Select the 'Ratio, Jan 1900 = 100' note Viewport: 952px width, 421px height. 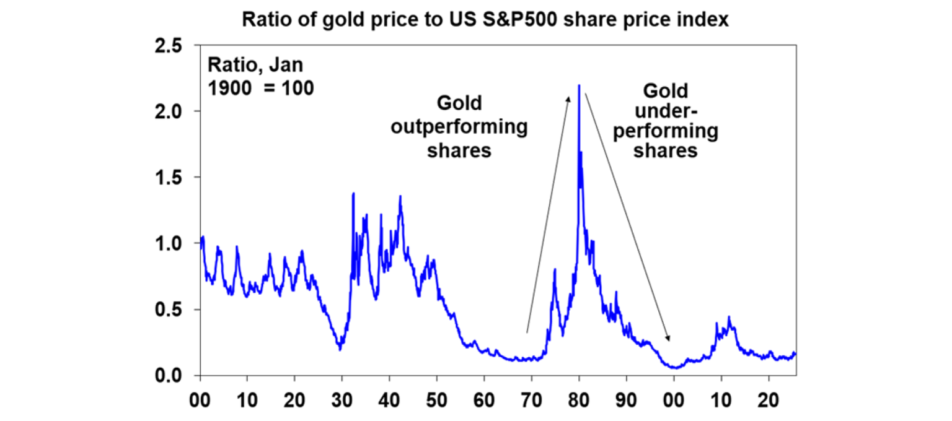pyautogui.click(x=260, y=76)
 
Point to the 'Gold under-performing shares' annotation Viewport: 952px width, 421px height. pyautogui.click(x=666, y=121)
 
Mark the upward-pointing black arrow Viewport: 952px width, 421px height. pyautogui.click(x=548, y=214)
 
